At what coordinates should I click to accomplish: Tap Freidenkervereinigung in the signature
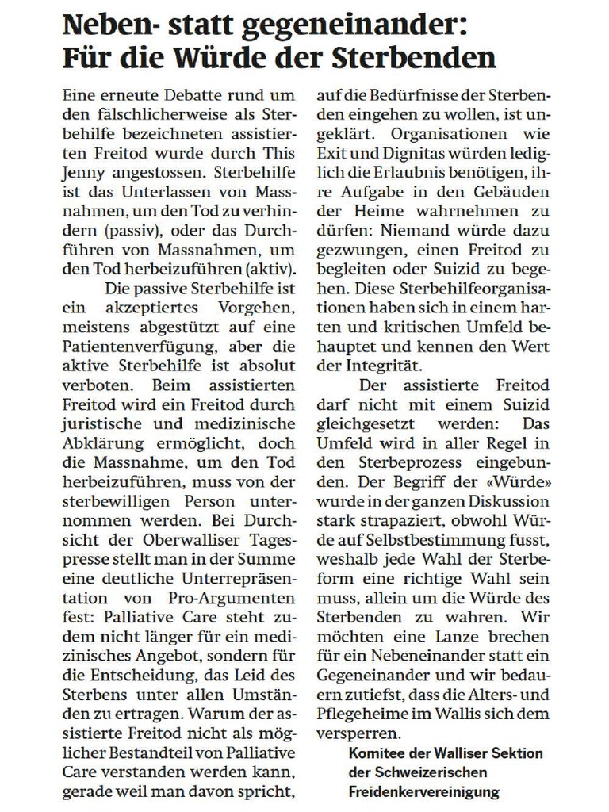point(424,791)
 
